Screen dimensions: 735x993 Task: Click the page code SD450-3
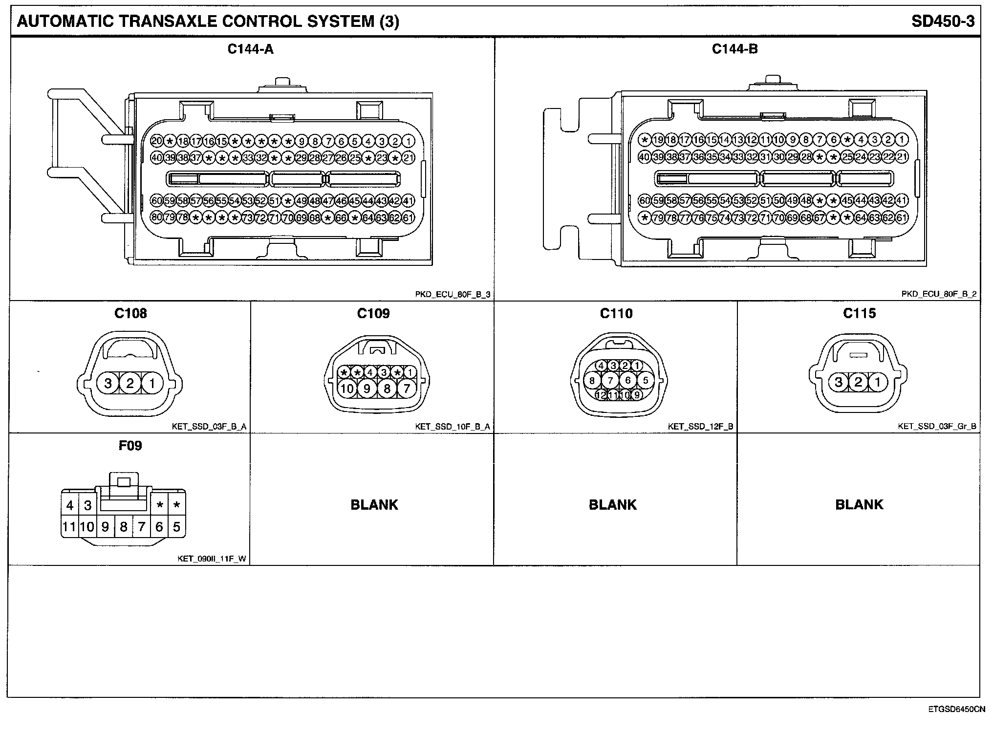943,22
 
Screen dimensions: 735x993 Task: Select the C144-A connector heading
251,49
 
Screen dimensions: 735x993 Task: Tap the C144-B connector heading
734,49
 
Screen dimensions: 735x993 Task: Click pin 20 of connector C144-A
157,141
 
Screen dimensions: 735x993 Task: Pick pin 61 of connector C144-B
902,218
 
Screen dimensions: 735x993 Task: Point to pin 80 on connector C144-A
157,218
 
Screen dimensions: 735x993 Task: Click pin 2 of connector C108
130,383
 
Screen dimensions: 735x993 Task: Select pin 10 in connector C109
347,389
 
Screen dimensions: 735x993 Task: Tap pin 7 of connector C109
407,389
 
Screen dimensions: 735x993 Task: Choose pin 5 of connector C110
646,380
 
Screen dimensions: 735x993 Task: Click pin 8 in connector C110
592,380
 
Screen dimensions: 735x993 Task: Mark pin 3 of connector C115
839,382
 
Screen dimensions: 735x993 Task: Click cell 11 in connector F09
69,527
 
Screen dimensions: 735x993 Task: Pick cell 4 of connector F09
70,505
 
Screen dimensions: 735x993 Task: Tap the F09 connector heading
130,445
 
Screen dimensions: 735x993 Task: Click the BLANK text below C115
859,504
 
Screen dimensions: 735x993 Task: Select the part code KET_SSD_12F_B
700,427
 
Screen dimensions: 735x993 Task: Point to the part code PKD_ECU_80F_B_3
452,294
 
